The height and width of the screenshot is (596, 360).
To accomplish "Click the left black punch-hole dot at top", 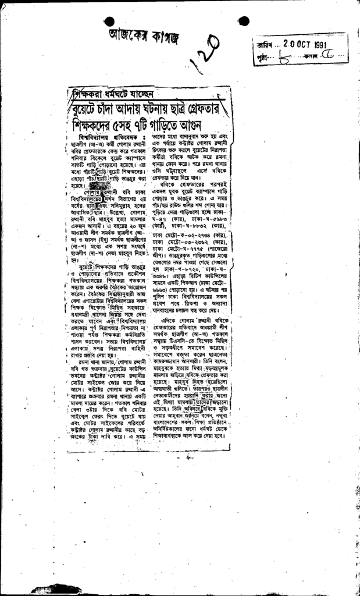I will click(x=109, y=20).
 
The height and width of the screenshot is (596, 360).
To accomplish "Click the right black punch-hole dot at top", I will click(x=243, y=22).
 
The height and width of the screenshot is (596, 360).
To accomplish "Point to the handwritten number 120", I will click(x=205, y=53).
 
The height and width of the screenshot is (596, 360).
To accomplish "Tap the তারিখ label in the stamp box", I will click(x=263, y=45).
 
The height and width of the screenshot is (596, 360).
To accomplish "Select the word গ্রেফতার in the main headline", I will click(x=196, y=108).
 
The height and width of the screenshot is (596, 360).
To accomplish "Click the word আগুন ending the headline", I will click(x=202, y=125).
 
